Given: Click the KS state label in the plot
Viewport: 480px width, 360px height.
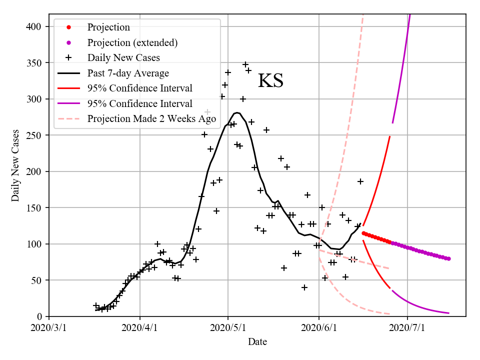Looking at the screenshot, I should coord(271,81).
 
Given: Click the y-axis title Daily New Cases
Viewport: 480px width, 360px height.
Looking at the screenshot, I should coord(15,166).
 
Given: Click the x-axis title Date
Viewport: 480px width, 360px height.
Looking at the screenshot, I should coord(257,342).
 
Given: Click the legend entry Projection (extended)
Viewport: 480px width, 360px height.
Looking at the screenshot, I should coord(132,42).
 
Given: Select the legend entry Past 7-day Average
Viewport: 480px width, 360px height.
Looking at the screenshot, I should coord(127,73).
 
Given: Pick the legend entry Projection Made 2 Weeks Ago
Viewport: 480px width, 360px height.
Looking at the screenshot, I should coord(151,119).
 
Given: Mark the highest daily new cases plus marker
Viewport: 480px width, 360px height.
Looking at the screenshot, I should coord(245,64).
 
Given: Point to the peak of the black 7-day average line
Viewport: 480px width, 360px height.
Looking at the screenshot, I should coord(237,113).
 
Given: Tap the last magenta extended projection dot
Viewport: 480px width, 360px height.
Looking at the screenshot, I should coord(448,258).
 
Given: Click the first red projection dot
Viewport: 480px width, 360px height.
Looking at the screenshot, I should coord(363,233).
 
